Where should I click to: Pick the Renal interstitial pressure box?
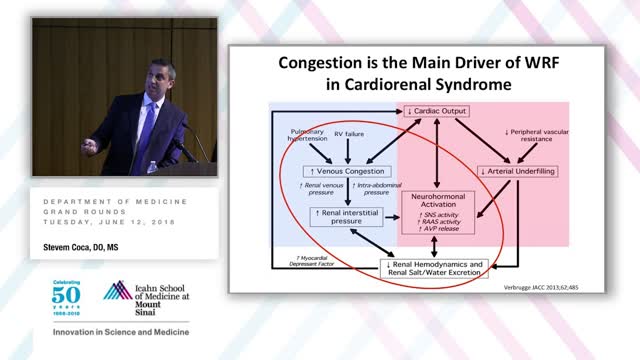346,214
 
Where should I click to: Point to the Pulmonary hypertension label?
309,136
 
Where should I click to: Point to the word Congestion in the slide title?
332,62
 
